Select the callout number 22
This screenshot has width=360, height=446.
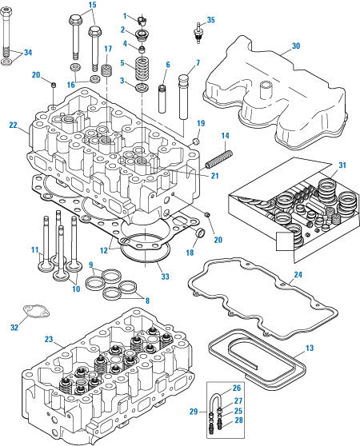12,125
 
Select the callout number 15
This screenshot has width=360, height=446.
92,5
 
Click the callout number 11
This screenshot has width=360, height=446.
34,250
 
